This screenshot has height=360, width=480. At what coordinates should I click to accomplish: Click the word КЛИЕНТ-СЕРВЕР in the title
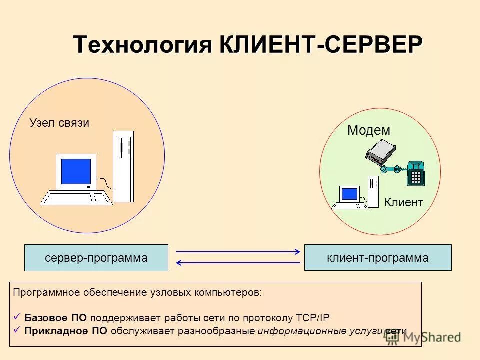[x=320, y=45]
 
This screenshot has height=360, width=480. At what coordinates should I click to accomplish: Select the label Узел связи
[x=59, y=123]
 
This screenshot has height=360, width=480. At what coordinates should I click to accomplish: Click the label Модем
[x=368, y=131]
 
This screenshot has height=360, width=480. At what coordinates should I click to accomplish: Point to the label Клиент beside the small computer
[x=404, y=202]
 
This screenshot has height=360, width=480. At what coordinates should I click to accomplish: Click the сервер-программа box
[x=96, y=258]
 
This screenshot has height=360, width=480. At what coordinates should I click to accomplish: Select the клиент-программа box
[x=377, y=258]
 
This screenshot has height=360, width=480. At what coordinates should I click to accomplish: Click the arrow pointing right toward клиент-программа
[x=238, y=251]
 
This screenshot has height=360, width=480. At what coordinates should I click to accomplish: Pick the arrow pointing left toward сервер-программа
[x=238, y=263]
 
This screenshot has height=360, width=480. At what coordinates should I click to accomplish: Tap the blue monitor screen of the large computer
[x=76, y=171]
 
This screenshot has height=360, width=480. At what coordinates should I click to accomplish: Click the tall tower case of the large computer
[x=123, y=166]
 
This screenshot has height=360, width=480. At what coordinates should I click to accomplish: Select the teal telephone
[x=415, y=174]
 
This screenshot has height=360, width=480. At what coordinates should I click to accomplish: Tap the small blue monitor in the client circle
[x=349, y=194]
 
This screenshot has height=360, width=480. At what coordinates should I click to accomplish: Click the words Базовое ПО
[x=55, y=318]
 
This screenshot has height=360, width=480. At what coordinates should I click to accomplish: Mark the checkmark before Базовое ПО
[x=17, y=317]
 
